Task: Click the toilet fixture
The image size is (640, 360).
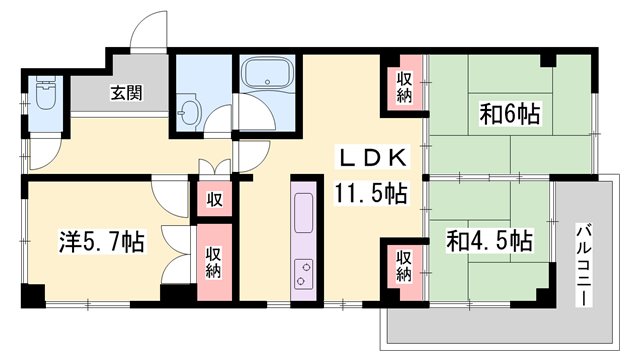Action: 44,97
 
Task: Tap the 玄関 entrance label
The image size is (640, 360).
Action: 126,94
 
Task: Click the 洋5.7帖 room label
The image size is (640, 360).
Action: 100,241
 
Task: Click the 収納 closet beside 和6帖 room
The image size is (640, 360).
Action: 403,87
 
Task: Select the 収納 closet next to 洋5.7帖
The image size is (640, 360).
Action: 214,262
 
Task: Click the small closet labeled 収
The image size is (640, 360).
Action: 214,198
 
